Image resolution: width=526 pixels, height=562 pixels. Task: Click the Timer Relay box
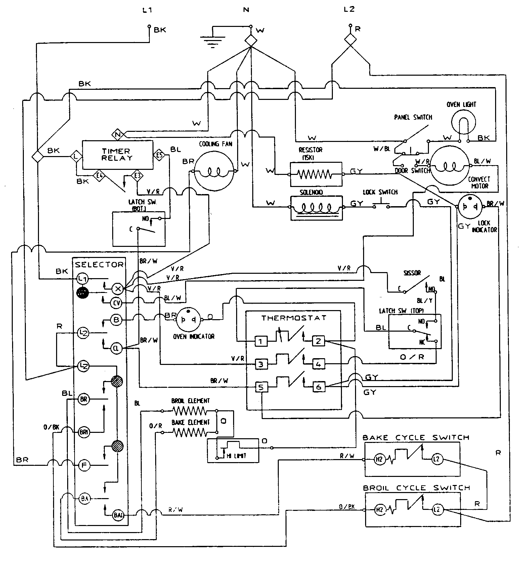118,155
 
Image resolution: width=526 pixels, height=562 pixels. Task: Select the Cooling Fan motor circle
214,172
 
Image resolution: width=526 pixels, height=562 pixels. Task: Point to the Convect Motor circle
449,166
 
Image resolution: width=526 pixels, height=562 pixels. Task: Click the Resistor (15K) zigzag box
316,174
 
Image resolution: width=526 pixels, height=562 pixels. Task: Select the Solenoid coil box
316,208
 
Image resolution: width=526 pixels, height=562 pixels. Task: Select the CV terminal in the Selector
116,303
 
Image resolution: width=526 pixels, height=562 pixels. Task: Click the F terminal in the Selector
84,466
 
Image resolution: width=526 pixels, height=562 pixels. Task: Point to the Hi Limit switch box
233,450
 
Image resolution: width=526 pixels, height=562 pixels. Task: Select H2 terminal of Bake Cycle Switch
379,459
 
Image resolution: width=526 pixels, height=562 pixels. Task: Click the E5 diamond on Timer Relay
159,155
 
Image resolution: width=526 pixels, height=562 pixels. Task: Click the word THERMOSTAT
294,318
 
